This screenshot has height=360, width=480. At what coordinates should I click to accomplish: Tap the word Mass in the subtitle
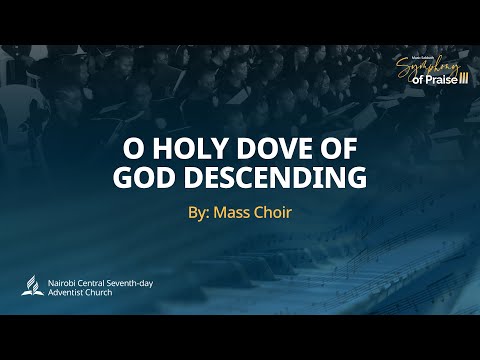click(233, 213)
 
